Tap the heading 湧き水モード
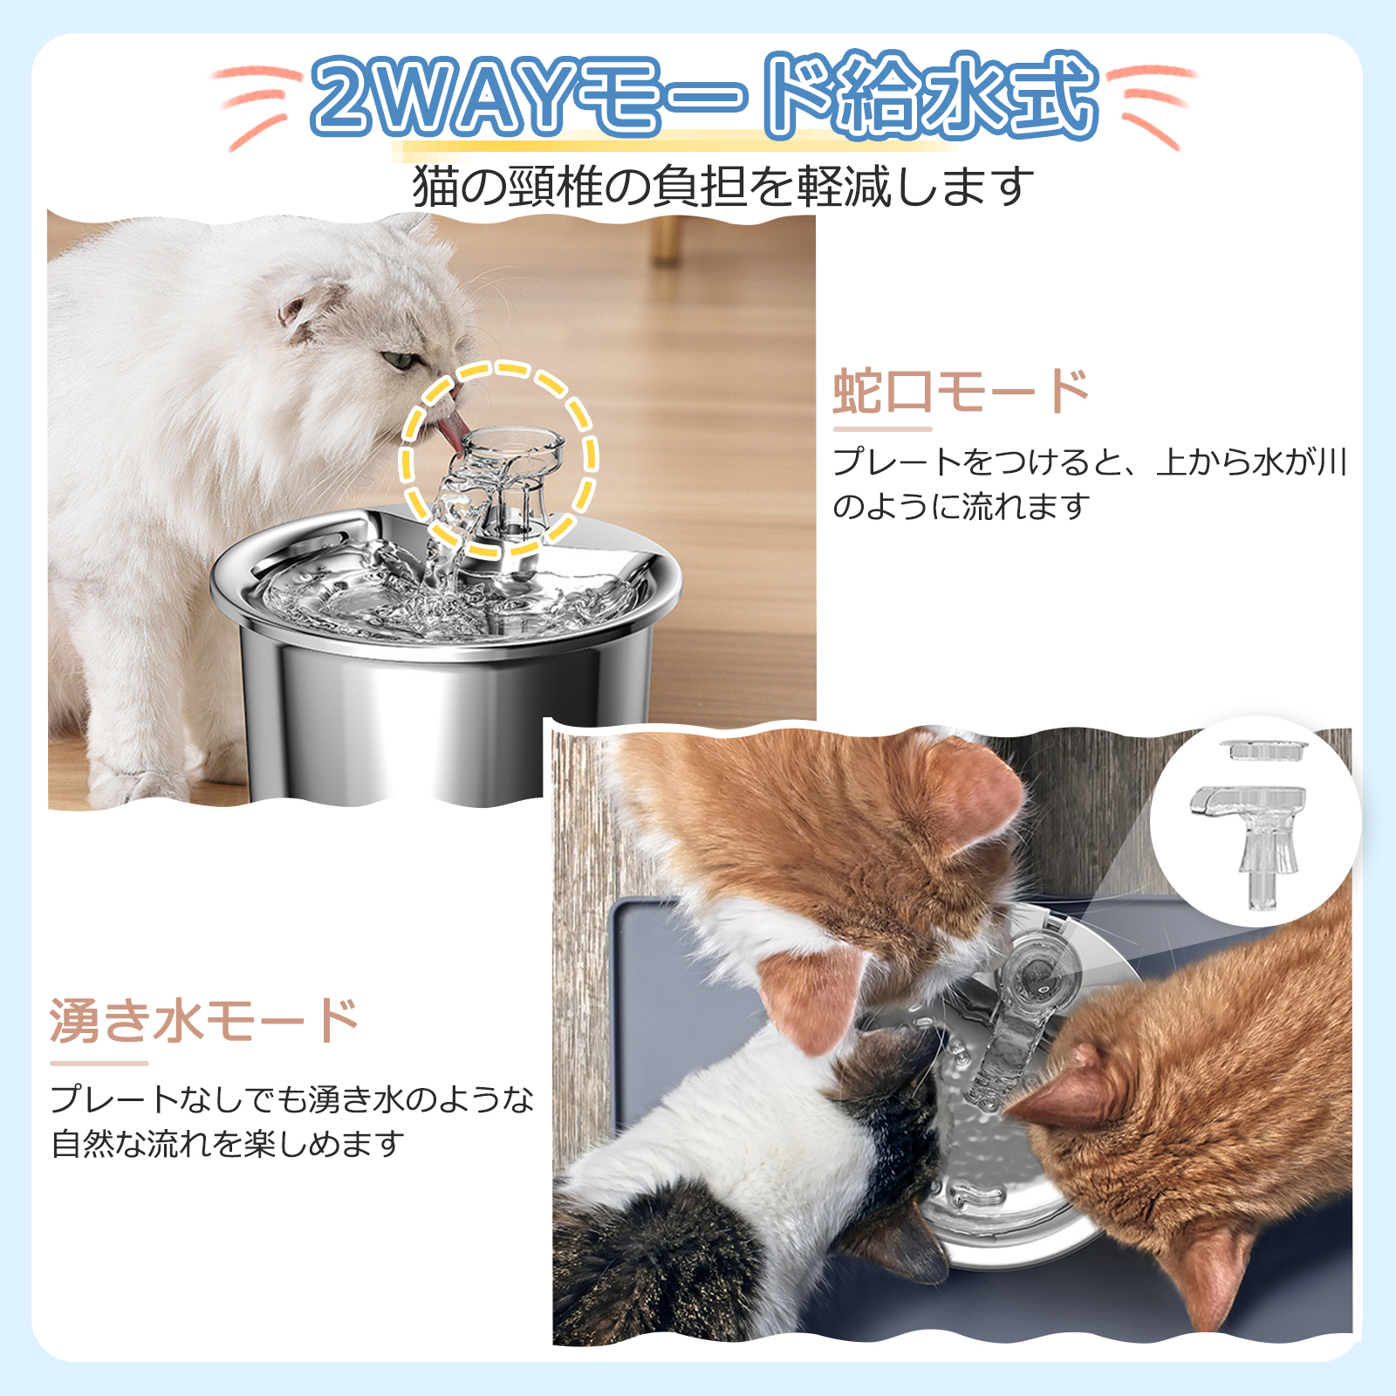coord(204,1021)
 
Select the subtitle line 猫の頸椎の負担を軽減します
coord(722,186)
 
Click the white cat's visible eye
coord(400,359)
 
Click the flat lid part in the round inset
coord(1263,749)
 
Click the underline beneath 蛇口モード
coord(882,429)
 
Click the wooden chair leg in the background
coord(667,240)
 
